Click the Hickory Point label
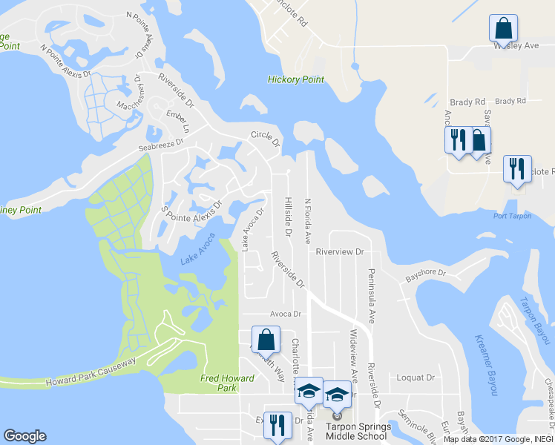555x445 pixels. tap(296, 79)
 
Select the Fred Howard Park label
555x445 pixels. tap(228, 383)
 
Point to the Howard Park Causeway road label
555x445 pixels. tap(91, 372)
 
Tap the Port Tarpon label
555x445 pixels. tap(512, 216)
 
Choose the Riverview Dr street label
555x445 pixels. tap(340, 251)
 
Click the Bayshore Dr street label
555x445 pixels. tap(424, 275)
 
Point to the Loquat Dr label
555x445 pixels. tap(416, 377)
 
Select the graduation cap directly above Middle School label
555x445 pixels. tap(337, 395)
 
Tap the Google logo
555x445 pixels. tap(24, 436)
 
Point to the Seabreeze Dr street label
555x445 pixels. tap(160, 145)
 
